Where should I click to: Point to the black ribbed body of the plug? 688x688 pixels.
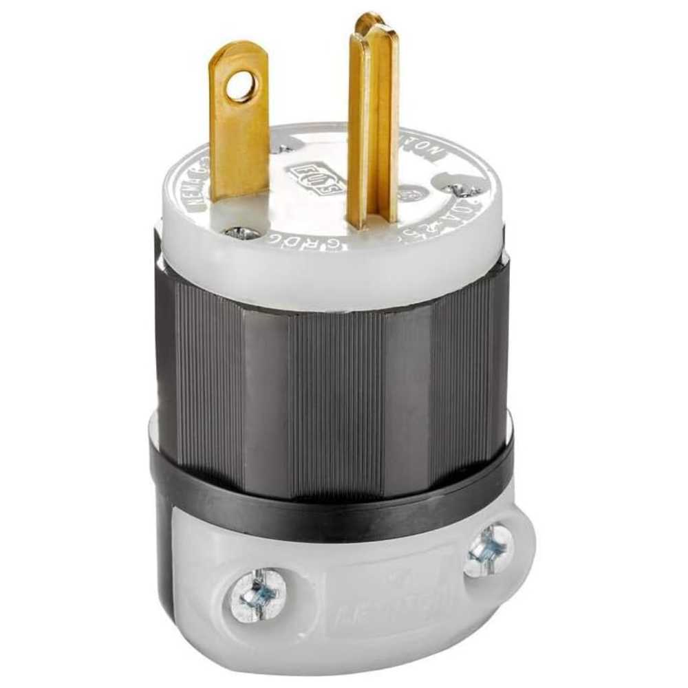tap(330, 372)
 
